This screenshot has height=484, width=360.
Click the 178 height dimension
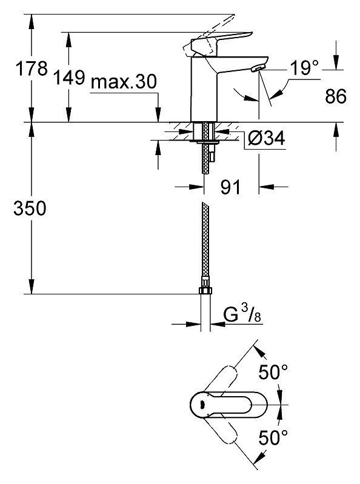tap(32, 68)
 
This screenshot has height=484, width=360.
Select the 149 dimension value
tap(69, 77)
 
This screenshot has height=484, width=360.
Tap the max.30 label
tap(124, 82)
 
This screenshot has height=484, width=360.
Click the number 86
tap(336, 96)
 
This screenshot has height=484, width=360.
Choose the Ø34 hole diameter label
tap(267, 138)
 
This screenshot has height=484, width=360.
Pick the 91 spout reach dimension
tap(231, 187)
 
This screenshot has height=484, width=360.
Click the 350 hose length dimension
tap(30, 208)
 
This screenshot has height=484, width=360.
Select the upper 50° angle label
tap(273, 372)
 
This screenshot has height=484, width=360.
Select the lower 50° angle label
tap(273, 437)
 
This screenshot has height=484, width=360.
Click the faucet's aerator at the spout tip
tap(258, 68)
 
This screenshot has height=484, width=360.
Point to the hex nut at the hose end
tap(205, 291)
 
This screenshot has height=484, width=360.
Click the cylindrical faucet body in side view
tap(204, 90)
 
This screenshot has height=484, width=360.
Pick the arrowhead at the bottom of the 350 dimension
tap(31, 287)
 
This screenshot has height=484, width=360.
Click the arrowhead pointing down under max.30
tap(158, 115)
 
